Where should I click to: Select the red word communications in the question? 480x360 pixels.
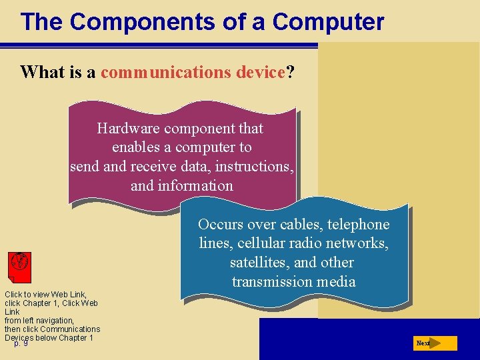pyautogui.click(x=166, y=72)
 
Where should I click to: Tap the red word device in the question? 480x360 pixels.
pyautogui.click(x=261, y=72)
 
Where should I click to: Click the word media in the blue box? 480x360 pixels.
pyautogui.click(x=337, y=281)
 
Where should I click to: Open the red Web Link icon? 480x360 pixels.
pyautogui.click(x=19, y=267)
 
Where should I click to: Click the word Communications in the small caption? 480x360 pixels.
pyautogui.click(x=71, y=329)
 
